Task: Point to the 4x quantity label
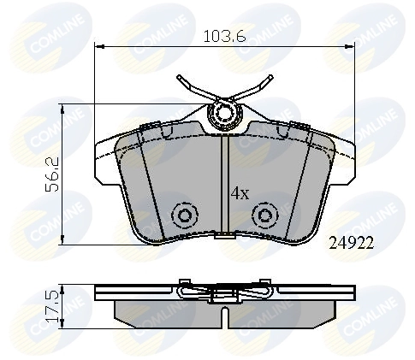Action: pos(240,193)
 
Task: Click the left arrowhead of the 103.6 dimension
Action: pos(96,46)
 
